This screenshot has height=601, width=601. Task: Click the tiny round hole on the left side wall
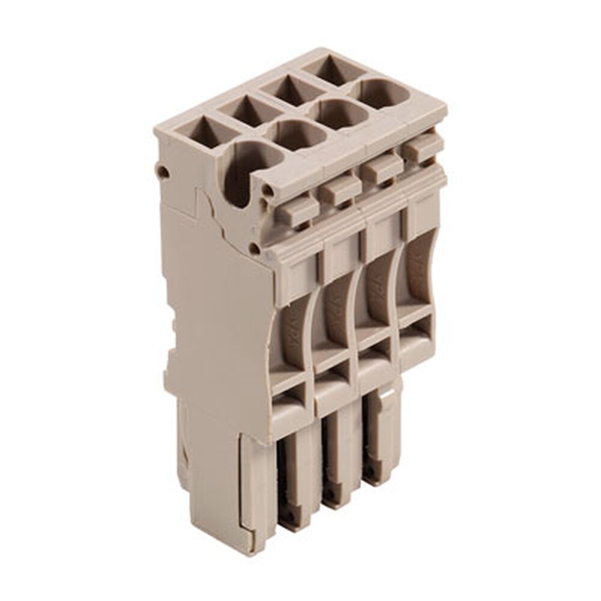[162, 172]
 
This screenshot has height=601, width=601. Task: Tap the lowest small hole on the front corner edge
[256, 248]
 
